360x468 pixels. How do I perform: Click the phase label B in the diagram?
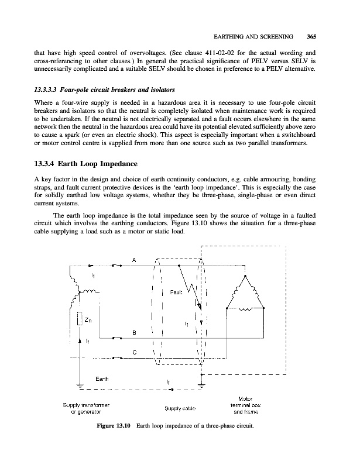(134, 332)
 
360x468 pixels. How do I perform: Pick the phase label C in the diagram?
(135, 352)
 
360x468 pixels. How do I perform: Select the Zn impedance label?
(88, 320)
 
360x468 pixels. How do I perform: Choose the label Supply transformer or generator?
(85, 408)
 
